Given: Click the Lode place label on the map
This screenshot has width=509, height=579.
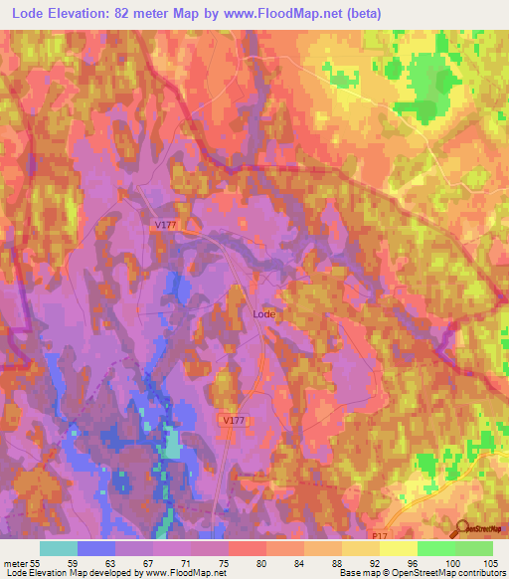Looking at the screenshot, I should (263, 313).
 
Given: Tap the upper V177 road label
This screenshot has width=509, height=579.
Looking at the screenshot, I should (166, 226).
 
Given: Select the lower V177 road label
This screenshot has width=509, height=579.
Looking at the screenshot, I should (232, 421).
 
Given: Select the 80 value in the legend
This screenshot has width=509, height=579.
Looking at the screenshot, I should (235, 563).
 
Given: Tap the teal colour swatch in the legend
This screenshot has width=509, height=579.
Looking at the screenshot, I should (59, 548).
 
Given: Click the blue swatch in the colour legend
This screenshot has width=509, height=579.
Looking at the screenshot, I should (96, 548).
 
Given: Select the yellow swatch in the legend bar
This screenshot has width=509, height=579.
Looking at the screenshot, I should (398, 548).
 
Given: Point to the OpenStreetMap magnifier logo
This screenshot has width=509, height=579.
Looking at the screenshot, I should (462, 529).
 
